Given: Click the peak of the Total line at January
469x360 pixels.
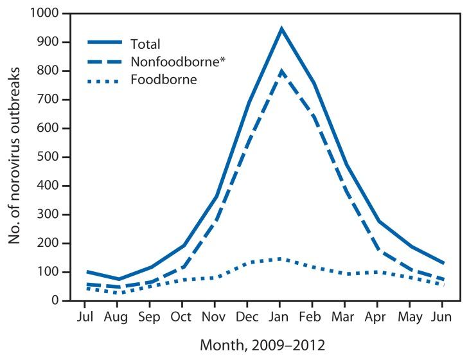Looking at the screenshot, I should pos(281,29).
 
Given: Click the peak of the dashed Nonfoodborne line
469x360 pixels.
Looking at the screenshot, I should pos(281,71).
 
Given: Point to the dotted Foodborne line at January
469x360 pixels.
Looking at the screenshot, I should pos(281,258).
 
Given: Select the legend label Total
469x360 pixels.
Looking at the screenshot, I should pos(145,44).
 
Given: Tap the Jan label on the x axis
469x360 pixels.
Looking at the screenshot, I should pos(281,317).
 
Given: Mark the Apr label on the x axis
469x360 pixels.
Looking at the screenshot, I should pos(379,317).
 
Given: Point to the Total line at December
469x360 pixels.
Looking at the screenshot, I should pos(248,103).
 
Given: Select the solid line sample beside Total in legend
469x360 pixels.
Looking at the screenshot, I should pos(107,44).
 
